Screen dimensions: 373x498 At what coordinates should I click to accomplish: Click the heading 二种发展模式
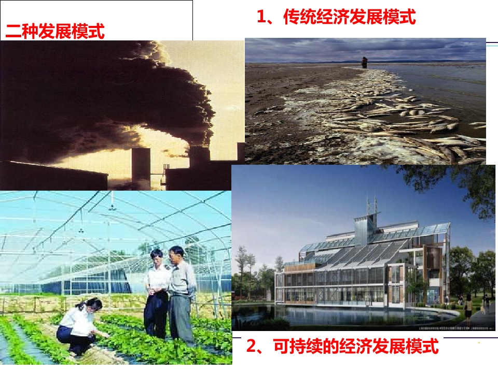pos(55,32)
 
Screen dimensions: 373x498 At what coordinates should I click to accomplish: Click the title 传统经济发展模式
pos(349,18)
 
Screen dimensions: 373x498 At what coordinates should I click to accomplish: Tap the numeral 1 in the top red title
pos(262,18)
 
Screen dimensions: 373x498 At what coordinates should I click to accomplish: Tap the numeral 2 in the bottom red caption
pos(252,346)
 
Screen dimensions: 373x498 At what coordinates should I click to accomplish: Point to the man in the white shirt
pos(157,293)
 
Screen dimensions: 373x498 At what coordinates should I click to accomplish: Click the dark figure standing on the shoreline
pos(365,61)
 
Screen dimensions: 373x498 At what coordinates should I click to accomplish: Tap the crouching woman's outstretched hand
pos(107,335)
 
